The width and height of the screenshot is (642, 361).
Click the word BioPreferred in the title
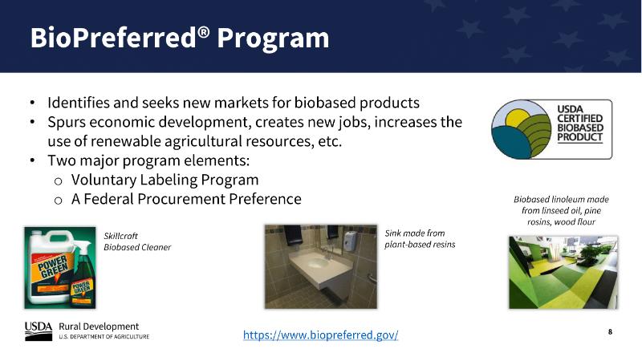tap(113, 38)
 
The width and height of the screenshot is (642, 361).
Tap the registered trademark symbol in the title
tap(205, 32)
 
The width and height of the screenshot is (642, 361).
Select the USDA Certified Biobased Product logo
tap(551, 129)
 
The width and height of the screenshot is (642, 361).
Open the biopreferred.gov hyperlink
tap(320, 335)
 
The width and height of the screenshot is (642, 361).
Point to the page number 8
tap(610, 331)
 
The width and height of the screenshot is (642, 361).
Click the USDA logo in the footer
tap(39, 331)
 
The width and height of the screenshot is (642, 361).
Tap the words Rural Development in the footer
tap(99, 327)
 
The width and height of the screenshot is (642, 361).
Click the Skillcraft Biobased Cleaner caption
tap(137, 241)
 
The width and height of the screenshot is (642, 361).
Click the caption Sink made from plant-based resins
tap(420, 238)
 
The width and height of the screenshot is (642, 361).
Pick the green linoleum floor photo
tap(563, 272)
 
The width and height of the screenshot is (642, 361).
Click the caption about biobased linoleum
tap(561, 210)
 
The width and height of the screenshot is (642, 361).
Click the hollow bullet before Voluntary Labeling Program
tap(58, 181)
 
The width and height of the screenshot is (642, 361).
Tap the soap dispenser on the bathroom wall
tap(351, 241)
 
